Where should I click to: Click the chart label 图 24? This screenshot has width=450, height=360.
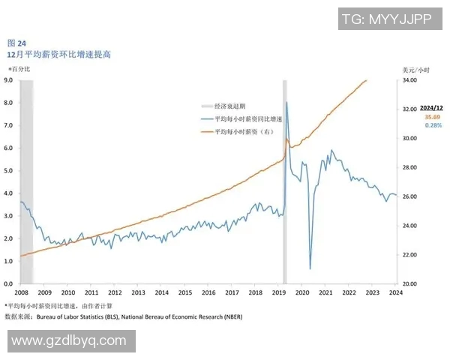(x=16, y=42)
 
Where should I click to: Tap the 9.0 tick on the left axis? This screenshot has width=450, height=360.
(x=8, y=79)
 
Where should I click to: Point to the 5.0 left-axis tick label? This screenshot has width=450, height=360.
(x=8, y=170)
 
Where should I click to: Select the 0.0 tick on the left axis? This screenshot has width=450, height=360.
(x=8, y=284)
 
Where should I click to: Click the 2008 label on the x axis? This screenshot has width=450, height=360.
(x=21, y=292)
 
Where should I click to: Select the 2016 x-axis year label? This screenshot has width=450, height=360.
(x=208, y=292)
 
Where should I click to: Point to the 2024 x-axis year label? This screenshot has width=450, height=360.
(x=395, y=292)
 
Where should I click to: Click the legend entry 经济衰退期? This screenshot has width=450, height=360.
(x=230, y=106)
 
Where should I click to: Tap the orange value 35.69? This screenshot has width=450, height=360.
(x=433, y=117)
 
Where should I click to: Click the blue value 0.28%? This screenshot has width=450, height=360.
(x=433, y=125)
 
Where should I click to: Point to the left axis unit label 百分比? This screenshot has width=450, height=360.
(x=20, y=69)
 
